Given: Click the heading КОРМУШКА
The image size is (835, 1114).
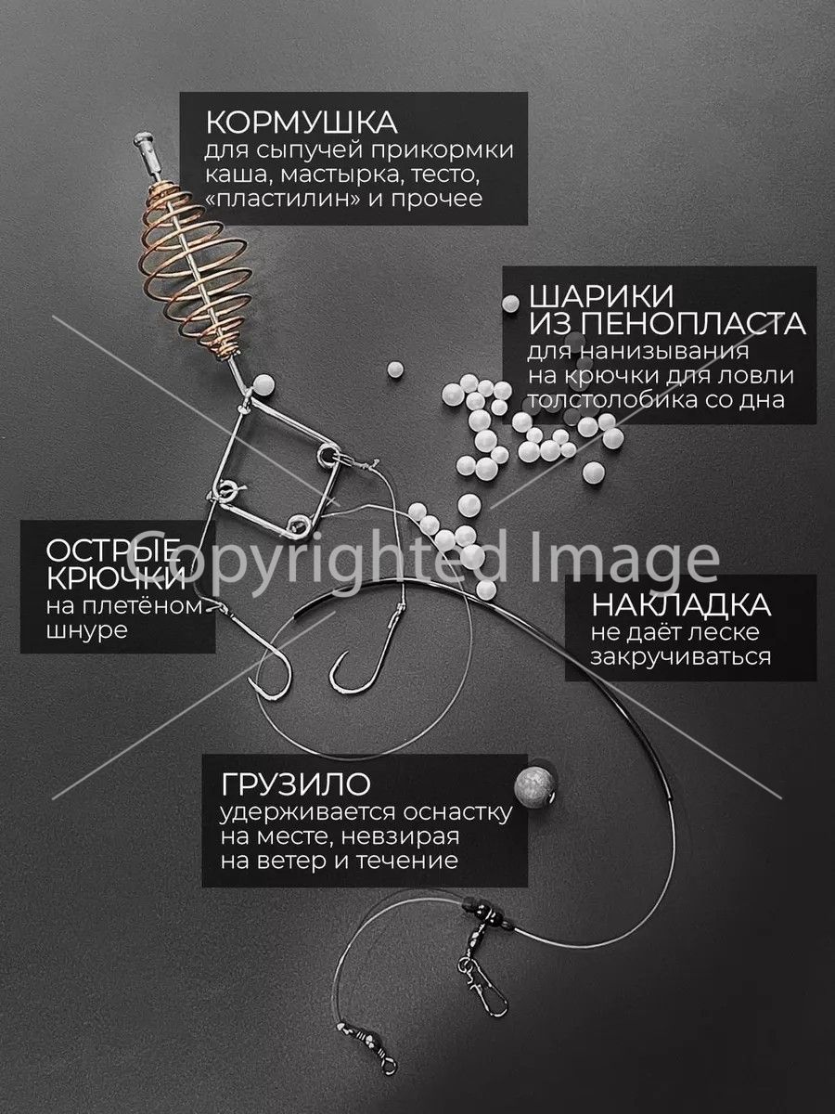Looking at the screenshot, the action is (x=302, y=122).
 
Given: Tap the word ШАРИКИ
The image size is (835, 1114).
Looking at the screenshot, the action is (x=601, y=296).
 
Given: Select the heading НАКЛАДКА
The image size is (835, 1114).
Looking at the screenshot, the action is (x=681, y=605).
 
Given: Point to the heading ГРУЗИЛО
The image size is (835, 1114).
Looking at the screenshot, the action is (x=296, y=784).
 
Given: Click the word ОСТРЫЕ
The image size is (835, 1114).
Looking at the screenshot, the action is (x=113, y=551).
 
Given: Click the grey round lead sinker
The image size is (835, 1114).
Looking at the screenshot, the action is (x=535, y=789).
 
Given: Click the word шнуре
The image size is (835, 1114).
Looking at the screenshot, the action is (x=86, y=632).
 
